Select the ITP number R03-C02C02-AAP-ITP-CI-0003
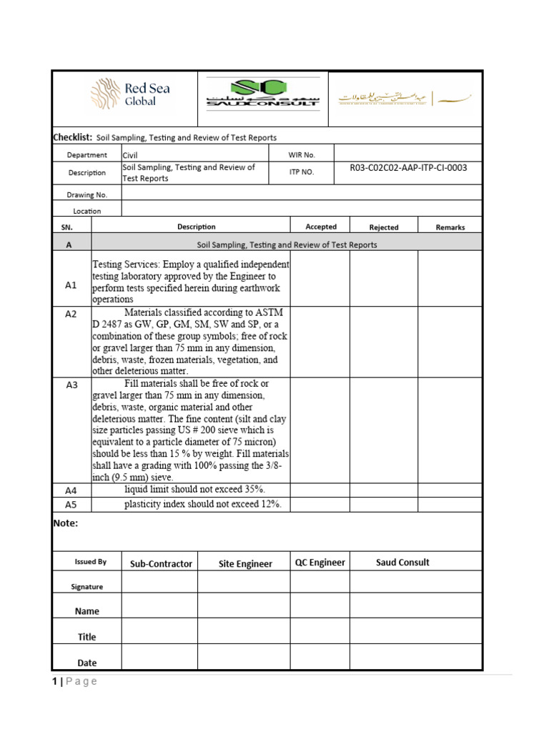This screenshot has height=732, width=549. click(x=408, y=168)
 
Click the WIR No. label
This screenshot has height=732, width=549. click(x=302, y=154)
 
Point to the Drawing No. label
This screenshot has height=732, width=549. click(x=87, y=194)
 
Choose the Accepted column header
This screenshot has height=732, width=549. click(x=321, y=227)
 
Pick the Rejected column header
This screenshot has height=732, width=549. click(x=384, y=227)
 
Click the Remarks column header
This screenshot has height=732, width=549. click(x=450, y=227)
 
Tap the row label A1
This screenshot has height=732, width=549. click(x=71, y=285)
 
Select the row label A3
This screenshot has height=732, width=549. click(x=71, y=385)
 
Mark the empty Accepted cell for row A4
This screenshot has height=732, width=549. click(x=320, y=490)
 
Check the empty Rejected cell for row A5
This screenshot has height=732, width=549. click(x=383, y=505)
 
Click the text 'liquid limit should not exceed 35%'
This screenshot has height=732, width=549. click(x=194, y=489)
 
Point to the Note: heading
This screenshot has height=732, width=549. click(x=66, y=523)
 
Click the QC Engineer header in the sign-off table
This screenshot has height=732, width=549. click(x=320, y=563)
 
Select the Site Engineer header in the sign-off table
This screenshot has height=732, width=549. click(x=245, y=564)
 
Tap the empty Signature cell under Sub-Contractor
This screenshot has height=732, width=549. click(x=159, y=583)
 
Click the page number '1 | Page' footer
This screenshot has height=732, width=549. click(x=74, y=681)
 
